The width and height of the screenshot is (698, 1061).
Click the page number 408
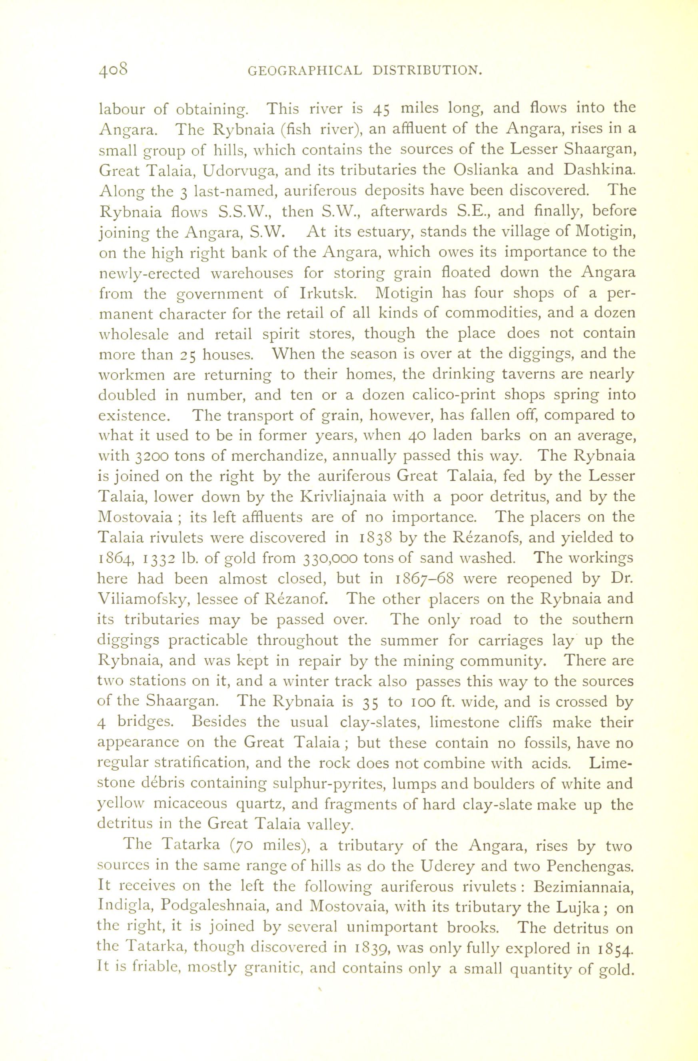tap(114, 70)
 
